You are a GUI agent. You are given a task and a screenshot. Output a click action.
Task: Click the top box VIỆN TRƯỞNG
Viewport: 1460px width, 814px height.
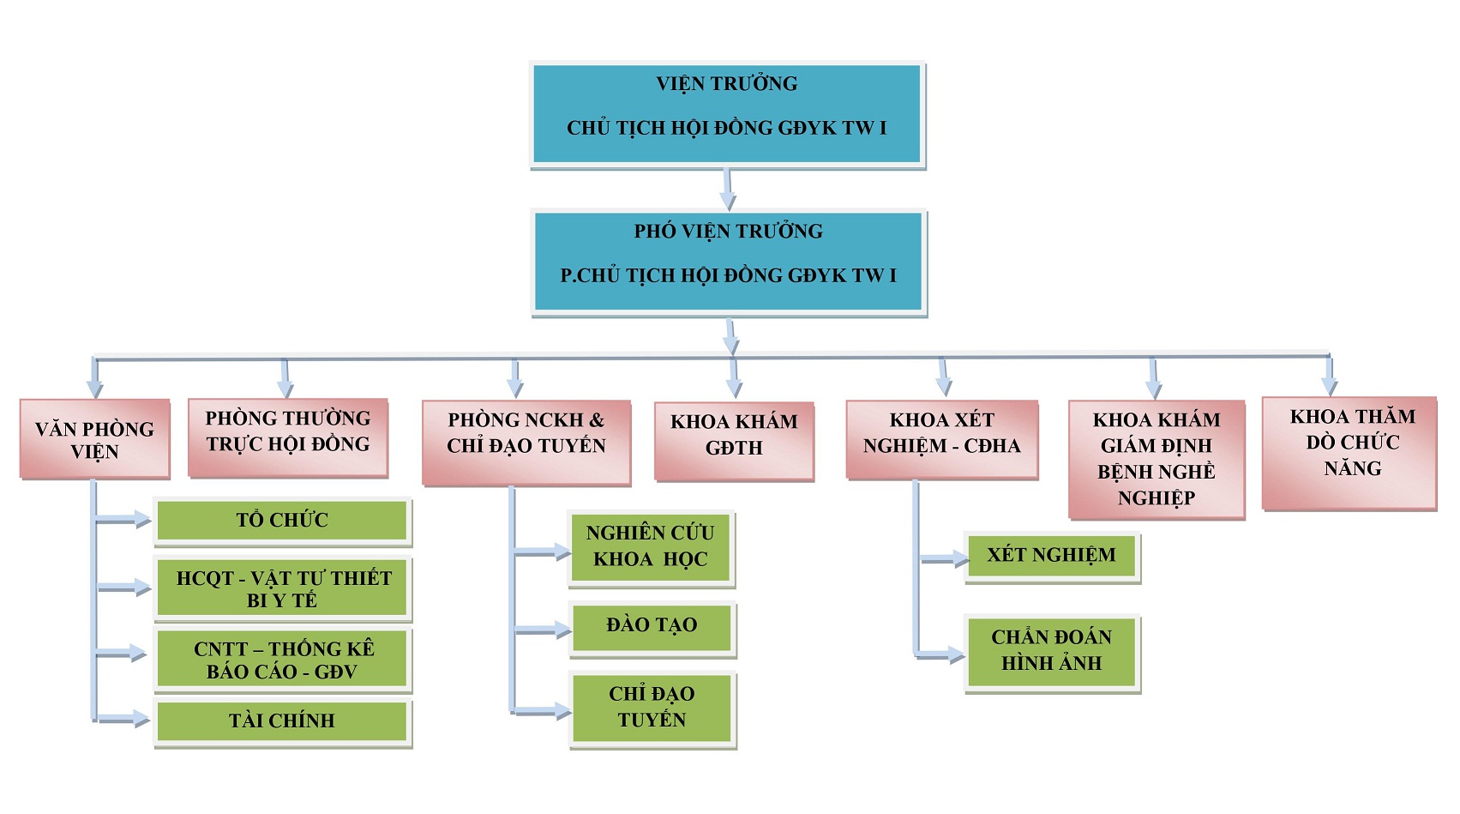coord(727,113)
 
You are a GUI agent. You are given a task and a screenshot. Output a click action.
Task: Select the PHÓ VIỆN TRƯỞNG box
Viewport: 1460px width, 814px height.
coord(728,261)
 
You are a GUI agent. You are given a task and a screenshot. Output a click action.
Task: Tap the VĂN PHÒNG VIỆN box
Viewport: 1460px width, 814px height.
coord(94,438)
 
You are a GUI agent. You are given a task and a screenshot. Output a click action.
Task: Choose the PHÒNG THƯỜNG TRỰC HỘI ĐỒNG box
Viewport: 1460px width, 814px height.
coord(288,437)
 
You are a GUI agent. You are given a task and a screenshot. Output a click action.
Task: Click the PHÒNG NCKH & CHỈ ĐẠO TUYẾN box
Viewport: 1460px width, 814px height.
coord(526,442)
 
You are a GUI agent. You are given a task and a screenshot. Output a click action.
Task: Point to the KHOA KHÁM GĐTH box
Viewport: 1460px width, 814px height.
coord(734,441)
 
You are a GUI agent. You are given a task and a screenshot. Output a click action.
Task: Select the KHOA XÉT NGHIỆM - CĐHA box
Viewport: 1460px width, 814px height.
coord(941,438)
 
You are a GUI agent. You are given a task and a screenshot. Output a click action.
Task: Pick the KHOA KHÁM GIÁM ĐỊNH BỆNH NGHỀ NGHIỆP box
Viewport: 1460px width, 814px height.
coord(1156,459)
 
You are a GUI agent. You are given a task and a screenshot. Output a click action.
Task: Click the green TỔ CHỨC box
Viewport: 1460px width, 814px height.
coord(282,520)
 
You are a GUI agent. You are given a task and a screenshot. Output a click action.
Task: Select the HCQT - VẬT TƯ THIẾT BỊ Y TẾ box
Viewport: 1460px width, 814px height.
coord(283,588)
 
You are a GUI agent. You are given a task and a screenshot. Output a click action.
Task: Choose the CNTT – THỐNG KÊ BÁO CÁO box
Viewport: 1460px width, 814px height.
coord(283,660)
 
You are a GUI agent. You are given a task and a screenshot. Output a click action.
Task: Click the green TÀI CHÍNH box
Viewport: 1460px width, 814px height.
coord(282,721)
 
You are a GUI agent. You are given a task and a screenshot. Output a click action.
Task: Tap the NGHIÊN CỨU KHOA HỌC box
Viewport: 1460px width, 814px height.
coord(651,548)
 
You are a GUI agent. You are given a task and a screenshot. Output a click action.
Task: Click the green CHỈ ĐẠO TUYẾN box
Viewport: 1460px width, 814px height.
coord(652,708)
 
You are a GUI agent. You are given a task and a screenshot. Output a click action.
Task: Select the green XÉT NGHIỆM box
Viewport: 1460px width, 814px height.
coord(1051,557)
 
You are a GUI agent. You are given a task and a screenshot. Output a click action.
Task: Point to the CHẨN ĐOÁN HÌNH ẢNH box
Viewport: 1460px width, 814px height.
coord(1051,652)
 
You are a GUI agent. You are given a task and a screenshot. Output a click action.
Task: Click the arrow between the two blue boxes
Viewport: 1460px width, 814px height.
coord(728,190)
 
